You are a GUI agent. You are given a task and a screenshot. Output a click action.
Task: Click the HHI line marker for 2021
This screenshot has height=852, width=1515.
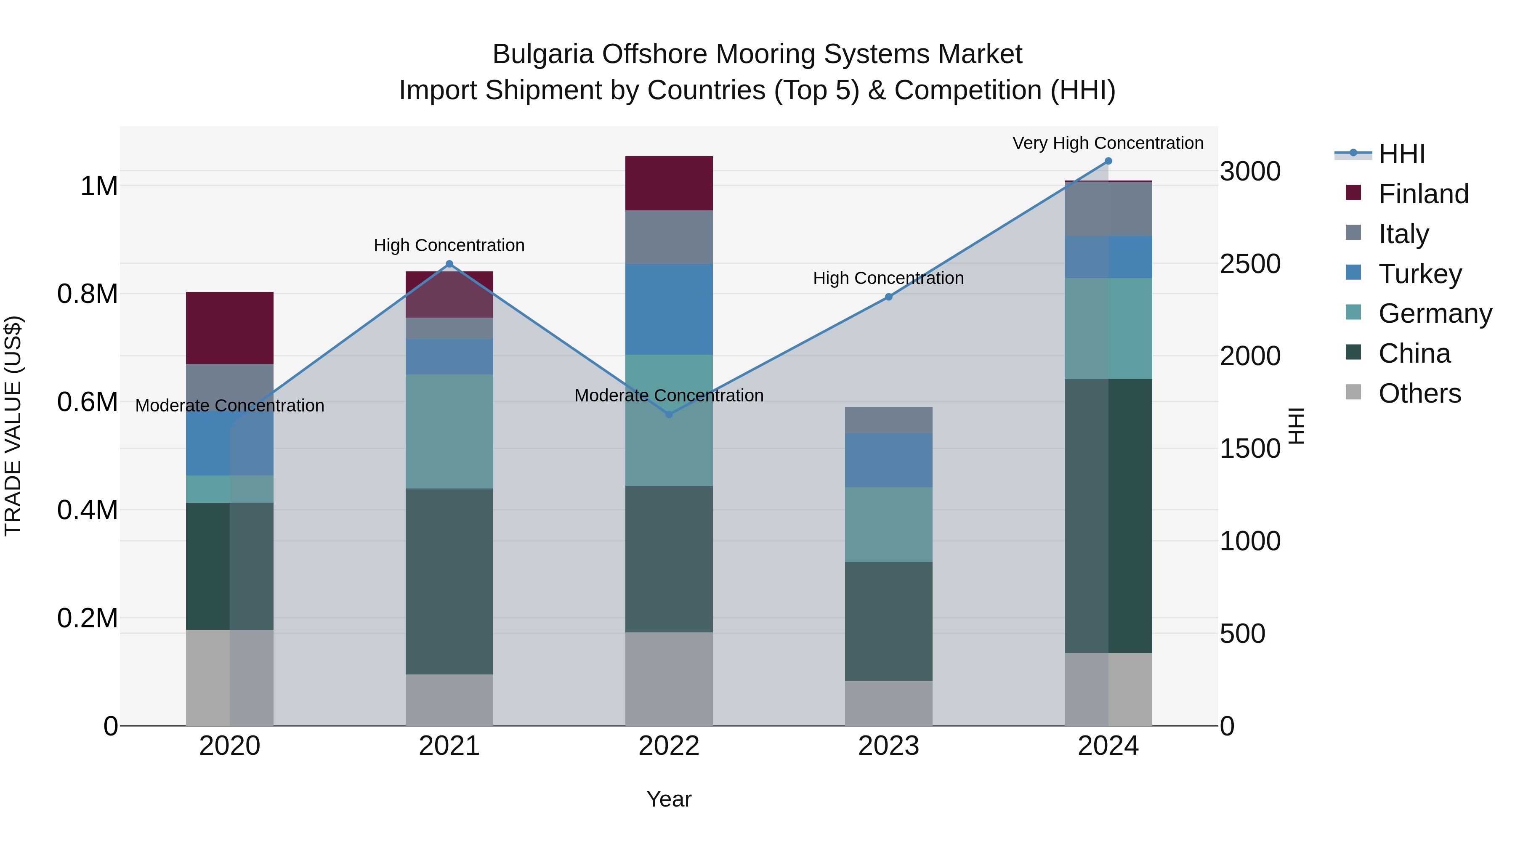(x=449, y=264)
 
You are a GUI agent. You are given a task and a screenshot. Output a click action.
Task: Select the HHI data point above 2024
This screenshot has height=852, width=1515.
(x=1108, y=161)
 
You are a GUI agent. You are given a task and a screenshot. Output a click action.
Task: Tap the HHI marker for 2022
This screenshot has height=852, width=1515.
(x=669, y=414)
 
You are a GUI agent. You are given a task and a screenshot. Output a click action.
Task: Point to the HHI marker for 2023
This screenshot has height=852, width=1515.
(x=889, y=297)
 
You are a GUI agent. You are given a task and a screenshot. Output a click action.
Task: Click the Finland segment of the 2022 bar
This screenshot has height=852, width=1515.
(x=669, y=183)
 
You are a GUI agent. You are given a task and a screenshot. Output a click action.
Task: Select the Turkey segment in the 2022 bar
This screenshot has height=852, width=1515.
(x=669, y=309)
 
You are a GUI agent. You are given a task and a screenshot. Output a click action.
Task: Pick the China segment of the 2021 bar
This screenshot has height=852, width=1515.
(x=449, y=581)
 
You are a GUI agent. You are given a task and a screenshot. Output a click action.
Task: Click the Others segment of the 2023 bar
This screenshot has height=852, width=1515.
(x=889, y=703)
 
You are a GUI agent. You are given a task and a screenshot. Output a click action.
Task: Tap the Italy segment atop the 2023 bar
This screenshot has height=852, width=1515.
(x=889, y=420)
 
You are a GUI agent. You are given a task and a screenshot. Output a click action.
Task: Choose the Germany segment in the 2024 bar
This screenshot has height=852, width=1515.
(x=1108, y=328)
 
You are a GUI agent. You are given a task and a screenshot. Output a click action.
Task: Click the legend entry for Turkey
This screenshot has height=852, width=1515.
(x=1419, y=274)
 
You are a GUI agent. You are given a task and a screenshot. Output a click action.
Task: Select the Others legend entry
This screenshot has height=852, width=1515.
(x=1419, y=393)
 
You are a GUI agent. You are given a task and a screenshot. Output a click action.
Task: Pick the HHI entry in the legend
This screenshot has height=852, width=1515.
(x=1401, y=154)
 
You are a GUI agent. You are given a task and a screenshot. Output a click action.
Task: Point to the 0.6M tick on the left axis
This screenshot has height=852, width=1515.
(x=87, y=402)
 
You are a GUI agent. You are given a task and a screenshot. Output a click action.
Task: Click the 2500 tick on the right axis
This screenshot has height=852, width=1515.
(x=1250, y=264)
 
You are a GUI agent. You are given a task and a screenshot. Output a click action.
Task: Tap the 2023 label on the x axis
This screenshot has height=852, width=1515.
(x=889, y=746)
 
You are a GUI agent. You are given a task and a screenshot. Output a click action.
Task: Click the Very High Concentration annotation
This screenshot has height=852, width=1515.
(x=1108, y=143)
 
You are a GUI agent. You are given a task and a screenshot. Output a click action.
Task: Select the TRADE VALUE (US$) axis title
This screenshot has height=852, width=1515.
(x=13, y=426)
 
